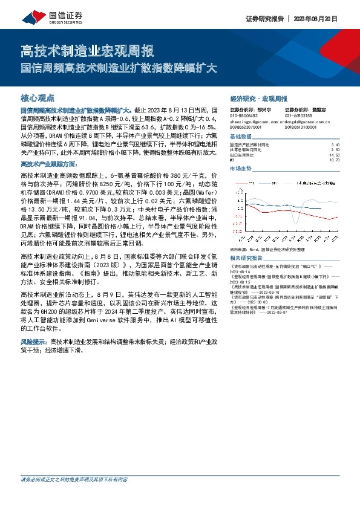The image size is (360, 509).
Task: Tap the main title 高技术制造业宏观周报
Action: click(87, 50)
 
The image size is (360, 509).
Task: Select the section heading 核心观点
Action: click(38, 97)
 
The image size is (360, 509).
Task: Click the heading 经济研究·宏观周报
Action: click(259, 98)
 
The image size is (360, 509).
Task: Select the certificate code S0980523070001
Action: click(246, 128)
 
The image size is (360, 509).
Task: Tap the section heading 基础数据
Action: click(243, 137)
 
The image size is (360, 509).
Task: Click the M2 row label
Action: click(233, 160)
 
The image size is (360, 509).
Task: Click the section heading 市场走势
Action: click(243, 169)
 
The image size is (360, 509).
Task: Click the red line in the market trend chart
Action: click(303, 214)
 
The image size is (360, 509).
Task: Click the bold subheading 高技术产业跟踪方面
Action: click(49, 164)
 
